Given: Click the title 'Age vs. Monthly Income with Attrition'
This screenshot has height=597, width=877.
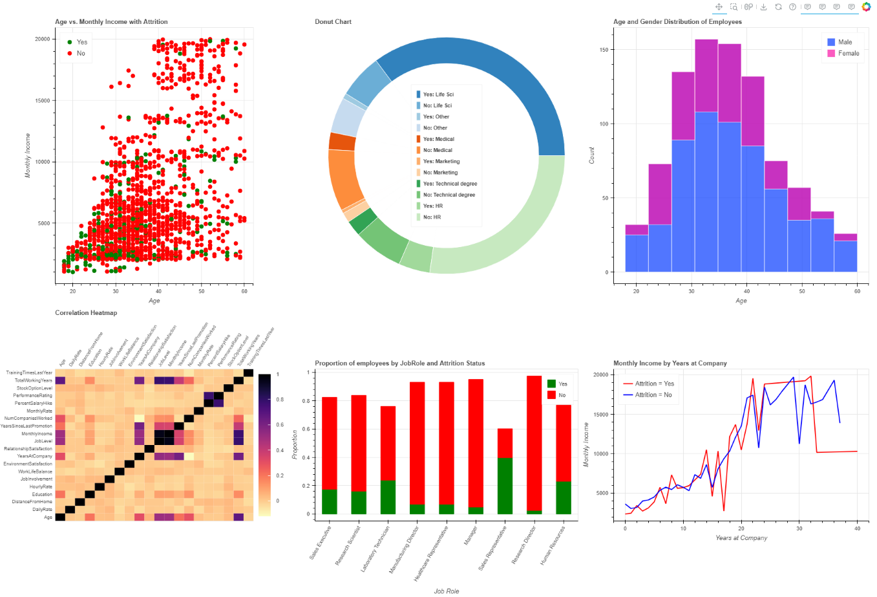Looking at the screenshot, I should (x=111, y=22).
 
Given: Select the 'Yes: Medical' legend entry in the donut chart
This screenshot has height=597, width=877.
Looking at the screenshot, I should (x=438, y=139).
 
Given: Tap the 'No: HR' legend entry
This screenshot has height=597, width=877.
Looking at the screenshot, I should (x=432, y=217).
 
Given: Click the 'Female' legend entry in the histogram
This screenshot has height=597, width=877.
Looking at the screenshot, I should (x=848, y=54).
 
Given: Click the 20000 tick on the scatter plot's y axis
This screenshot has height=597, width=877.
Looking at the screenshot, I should (x=42, y=39).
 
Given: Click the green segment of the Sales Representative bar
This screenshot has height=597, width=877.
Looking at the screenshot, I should (x=505, y=485).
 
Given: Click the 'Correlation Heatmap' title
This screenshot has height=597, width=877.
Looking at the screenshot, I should (x=86, y=313).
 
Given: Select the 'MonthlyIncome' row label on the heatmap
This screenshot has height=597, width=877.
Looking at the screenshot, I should (x=36, y=434).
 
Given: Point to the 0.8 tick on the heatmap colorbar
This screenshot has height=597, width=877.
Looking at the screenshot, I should (x=280, y=400).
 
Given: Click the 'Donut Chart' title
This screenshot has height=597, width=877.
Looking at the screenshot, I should (x=333, y=22).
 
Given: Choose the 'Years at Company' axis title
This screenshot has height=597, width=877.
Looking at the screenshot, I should (x=741, y=538).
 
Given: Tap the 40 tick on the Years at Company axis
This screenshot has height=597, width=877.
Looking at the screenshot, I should (x=858, y=528).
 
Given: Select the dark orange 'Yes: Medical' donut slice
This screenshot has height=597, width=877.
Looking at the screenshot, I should (x=342, y=142).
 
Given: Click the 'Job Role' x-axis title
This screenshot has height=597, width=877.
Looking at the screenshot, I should (x=446, y=591).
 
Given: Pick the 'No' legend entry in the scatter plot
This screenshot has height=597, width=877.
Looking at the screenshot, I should (x=81, y=54).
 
